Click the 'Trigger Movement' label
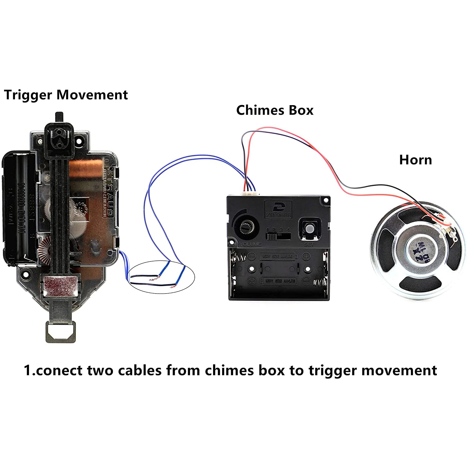[66, 95]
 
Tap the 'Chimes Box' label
[275, 110]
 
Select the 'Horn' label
[416, 160]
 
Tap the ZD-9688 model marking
[278, 215]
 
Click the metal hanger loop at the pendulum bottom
[61, 332]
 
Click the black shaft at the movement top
[59, 118]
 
